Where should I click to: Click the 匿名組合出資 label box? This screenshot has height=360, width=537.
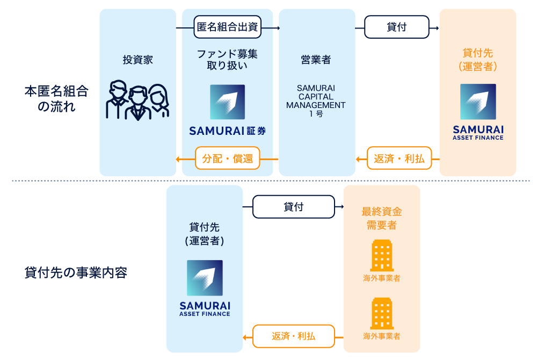(x=227, y=27)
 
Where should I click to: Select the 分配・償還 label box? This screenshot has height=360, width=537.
(x=227, y=159)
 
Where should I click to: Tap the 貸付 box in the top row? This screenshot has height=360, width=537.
(x=397, y=27)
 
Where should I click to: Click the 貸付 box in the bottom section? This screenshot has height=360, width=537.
(x=293, y=207)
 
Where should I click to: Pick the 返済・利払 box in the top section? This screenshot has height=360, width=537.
(x=399, y=159)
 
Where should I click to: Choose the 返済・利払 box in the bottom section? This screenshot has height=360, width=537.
(x=293, y=336)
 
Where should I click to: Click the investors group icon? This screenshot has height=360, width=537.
(x=137, y=100)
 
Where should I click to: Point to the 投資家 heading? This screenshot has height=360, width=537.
(x=137, y=60)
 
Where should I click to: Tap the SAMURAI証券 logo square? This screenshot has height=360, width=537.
(x=227, y=102)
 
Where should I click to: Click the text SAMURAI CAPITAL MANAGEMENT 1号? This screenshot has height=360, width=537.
(x=316, y=100)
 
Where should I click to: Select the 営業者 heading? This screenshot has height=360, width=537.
(x=316, y=60)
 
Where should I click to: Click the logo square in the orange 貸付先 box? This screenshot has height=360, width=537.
(x=478, y=102)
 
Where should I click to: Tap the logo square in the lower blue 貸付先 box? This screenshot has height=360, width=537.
(x=205, y=278)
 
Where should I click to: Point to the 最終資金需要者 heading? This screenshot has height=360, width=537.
(x=381, y=218)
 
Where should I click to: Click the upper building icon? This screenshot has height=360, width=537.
(x=382, y=255)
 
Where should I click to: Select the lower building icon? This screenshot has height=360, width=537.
(x=382, y=313)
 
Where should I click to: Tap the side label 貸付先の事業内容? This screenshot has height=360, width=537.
(x=76, y=272)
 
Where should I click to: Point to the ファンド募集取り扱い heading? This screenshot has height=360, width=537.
(x=227, y=60)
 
